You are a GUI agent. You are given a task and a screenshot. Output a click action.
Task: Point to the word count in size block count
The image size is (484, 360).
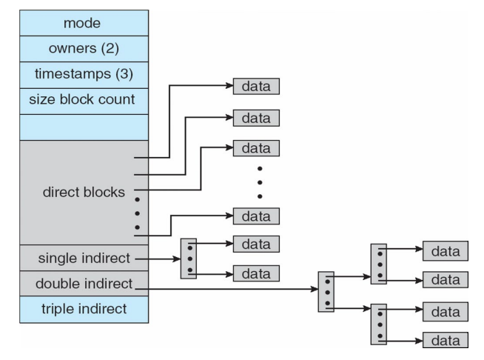point(117,99)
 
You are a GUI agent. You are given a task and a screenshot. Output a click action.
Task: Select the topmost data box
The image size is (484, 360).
point(256,87)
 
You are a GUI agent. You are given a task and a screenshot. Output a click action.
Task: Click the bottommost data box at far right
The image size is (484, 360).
point(446,340)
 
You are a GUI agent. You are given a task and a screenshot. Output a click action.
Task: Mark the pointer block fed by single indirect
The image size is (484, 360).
point(188,258)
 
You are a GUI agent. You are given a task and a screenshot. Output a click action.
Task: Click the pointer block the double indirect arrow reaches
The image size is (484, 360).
point(326,291)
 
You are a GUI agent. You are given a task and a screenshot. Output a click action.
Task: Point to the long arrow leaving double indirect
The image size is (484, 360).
point(229,290)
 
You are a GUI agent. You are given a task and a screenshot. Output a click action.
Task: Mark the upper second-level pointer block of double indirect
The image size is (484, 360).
point(378,264)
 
